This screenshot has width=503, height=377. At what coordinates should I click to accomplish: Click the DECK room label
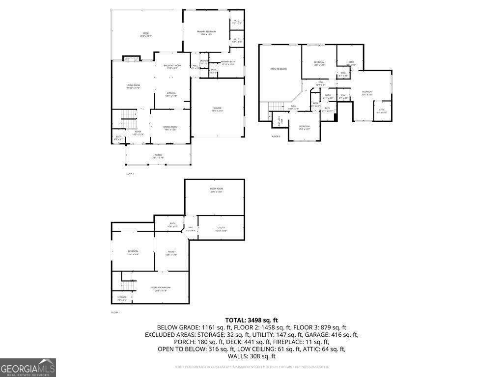(146, 34)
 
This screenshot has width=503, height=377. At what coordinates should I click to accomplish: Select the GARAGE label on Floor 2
(217, 109)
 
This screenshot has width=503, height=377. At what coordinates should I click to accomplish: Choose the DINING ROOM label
(170, 128)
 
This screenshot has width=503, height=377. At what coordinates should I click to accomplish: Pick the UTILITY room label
(221, 229)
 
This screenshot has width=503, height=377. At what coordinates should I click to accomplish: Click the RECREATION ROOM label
(161, 288)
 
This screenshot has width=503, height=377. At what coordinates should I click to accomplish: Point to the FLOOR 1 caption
(115, 313)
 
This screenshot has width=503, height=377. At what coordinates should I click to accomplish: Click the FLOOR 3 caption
(276, 136)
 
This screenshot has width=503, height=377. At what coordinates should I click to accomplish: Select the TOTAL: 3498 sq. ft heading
(251, 320)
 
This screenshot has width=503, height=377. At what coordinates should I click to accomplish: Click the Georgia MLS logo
(28, 368)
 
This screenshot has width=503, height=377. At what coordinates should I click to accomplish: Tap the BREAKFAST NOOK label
(172, 66)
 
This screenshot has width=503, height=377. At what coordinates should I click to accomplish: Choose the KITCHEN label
(171, 94)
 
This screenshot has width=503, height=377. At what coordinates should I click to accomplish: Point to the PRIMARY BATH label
(228, 62)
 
